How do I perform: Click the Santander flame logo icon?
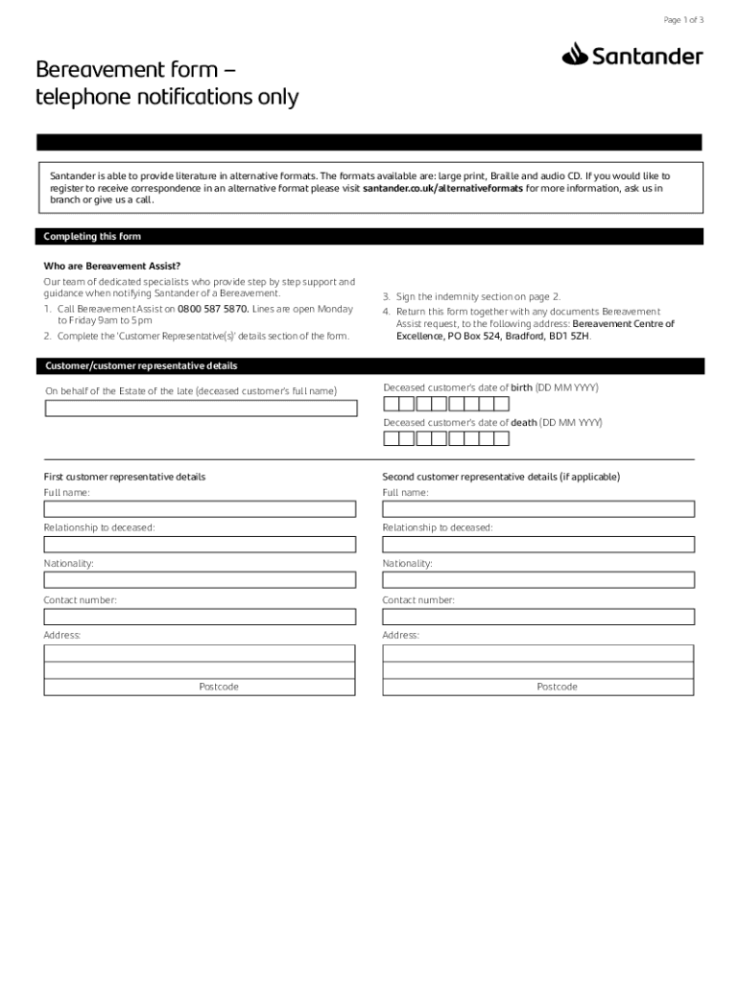click(575, 55)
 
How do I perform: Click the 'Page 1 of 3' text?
click(683, 20)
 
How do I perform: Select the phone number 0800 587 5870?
click(213, 310)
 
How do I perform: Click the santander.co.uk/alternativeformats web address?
click(442, 189)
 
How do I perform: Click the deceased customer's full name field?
click(201, 409)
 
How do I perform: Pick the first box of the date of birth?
click(391, 403)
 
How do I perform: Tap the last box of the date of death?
click(501, 438)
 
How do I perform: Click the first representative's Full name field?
click(200, 509)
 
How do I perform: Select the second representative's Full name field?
click(537, 509)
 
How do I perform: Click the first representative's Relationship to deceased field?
click(200, 545)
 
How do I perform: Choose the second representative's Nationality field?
click(537, 580)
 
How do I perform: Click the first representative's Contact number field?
click(200, 616)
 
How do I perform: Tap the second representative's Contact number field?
click(537, 616)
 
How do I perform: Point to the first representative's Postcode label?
click(219, 688)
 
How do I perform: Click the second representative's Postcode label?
click(557, 688)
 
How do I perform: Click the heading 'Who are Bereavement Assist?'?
click(112, 266)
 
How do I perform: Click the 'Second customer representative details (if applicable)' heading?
click(501, 477)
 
